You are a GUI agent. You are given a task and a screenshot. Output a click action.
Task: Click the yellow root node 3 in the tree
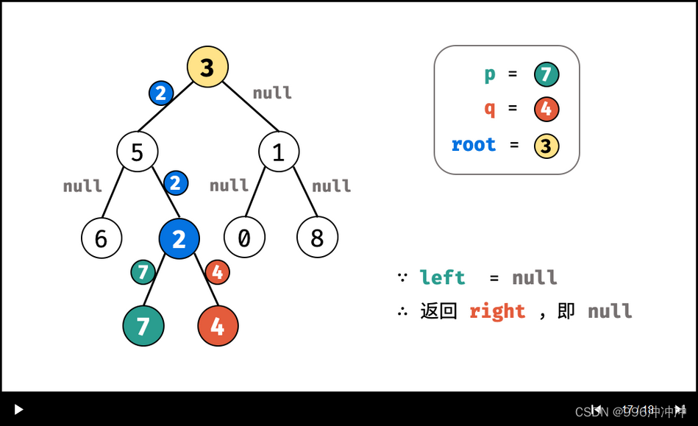(x=207, y=67)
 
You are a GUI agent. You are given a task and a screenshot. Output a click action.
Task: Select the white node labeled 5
(x=138, y=152)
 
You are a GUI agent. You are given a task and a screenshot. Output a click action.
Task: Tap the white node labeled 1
(x=279, y=152)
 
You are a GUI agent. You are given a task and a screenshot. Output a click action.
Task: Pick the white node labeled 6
(x=102, y=238)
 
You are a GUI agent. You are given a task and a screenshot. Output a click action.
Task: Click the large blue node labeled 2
(x=179, y=238)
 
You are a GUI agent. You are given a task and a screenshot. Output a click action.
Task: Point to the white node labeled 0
(x=244, y=238)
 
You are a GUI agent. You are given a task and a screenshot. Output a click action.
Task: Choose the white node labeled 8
(x=317, y=238)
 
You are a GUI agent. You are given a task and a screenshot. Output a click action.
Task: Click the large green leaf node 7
(x=143, y=325)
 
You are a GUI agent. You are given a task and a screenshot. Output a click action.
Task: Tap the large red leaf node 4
(x=218, y=325)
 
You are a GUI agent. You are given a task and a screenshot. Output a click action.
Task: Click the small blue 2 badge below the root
(x=160, y=93)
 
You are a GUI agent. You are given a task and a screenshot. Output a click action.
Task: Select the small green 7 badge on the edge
(x=143, y=272)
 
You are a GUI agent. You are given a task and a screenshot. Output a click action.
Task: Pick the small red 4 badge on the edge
(x=217, y=272)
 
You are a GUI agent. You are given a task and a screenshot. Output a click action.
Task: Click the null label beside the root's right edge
(x=272, y=93)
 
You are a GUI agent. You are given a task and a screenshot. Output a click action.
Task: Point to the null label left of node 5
(x=82, y=186)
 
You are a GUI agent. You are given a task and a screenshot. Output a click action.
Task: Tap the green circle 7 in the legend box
(x=546, y=74)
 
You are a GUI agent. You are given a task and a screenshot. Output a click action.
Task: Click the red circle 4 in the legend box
(x=546, y=110)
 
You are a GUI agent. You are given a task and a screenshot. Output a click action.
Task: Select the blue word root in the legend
(x=474, y=145)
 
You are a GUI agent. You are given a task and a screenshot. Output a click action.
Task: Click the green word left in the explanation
(x=442, y=277)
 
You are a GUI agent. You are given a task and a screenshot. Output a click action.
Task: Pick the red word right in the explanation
(x=497, y=311)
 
